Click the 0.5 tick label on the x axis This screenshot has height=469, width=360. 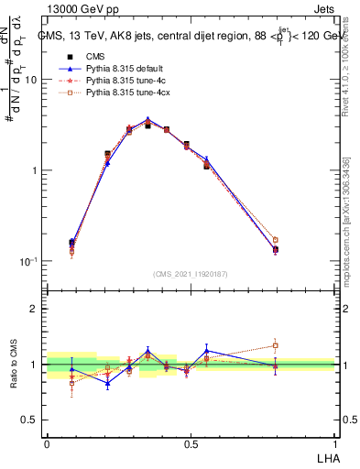(x=191, y=443)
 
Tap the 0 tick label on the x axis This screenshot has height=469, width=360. (x=47, y=443)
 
